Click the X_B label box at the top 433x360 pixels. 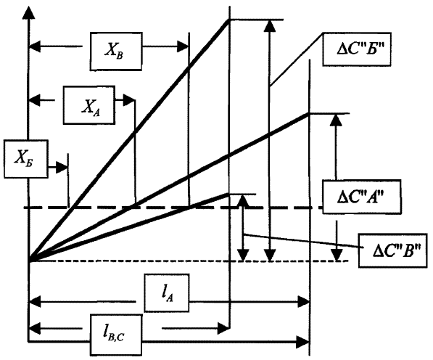[x=116, y=52]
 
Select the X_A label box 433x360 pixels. [x=89, y=105]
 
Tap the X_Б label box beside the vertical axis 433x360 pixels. [x=26, y=159]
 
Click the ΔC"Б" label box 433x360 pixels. [x=357, y=49]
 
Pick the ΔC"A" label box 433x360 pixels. [x=362, y=197]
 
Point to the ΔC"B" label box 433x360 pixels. [x=393, y=250]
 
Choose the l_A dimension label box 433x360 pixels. [x=167, y=292]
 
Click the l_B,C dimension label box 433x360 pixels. [x=116, y=335]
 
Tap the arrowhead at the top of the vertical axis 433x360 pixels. [x=28, y=12]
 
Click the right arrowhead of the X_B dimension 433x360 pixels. [x=183, y=46]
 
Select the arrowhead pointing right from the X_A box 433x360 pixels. [x=129, y=100]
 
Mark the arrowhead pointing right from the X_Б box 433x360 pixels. [x=62, y=168]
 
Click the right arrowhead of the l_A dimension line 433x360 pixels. [x=303, y=302]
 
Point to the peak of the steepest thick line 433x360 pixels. [x=229, y=20]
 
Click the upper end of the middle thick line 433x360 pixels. [x=309, y=113]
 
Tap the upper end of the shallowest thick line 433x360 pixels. [x=228, y=195]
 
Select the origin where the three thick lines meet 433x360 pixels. [x=29, y=261]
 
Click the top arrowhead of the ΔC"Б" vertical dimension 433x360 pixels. [x=270, y=25]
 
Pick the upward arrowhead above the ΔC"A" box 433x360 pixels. [x=336, y=120]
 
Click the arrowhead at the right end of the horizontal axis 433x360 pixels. [x=303, y=343]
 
